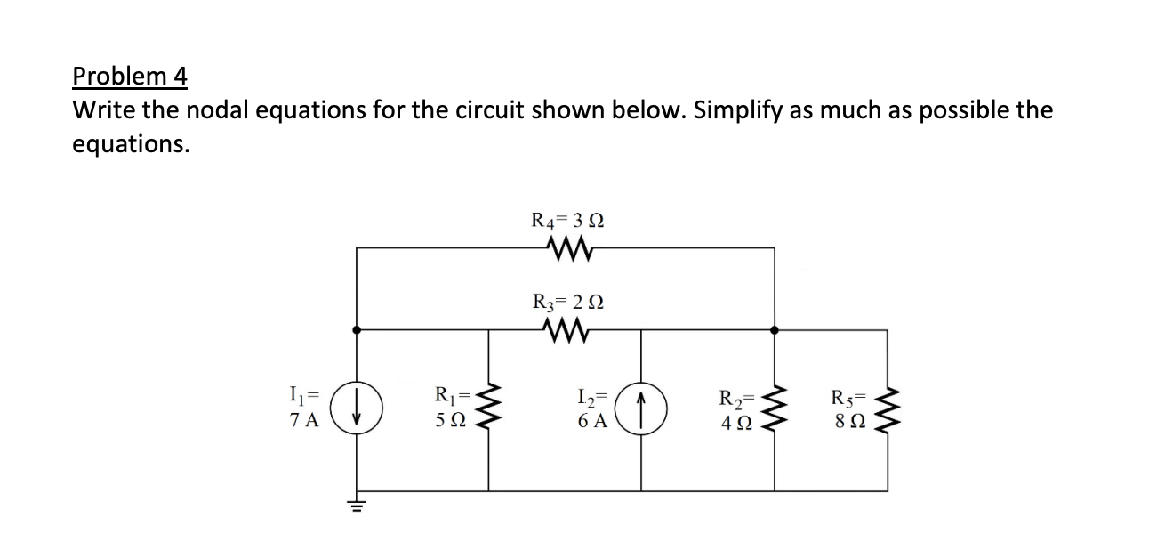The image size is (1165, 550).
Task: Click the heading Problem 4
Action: [129, 77]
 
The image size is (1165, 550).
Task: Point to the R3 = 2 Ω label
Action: [567, 300]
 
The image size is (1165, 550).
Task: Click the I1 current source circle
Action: [357, 411]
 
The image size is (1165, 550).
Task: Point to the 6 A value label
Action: [591, 422]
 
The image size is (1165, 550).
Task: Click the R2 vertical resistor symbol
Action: [775, 411]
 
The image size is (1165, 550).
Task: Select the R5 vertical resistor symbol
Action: [888, 411]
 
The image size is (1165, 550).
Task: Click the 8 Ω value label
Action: [847, 422]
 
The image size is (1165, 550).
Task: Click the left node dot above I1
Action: [357, 329]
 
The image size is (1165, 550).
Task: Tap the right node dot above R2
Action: [775, 329]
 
